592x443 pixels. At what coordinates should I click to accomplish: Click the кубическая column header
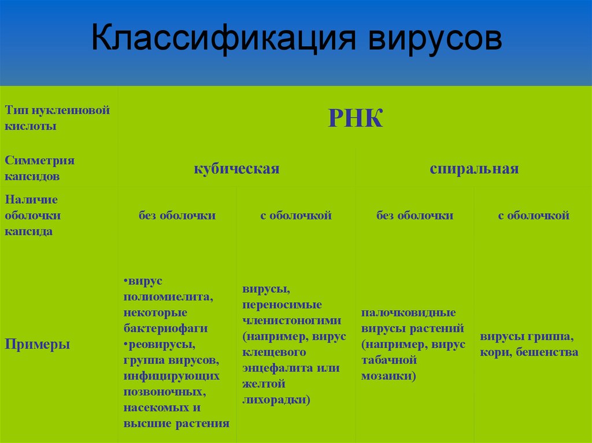pos(236,169)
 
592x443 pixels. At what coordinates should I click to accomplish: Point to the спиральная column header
pos(474,169)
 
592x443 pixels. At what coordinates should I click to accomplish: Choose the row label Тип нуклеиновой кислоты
pos(57,118)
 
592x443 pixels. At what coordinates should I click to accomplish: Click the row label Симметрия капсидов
pos(40,168)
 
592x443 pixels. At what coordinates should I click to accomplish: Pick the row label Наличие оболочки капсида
pos(35,215)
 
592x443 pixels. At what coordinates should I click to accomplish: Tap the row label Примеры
pos(38,345)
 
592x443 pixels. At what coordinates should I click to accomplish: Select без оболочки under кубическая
pos(177,216)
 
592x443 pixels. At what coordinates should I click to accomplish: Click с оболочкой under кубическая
pos(295,216)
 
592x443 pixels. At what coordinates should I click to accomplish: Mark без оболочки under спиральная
pos(415,216)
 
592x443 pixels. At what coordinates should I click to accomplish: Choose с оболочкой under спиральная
pos(534,216)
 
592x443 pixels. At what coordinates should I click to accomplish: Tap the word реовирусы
pos(162,345)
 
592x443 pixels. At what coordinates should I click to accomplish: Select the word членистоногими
pos(292,321)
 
